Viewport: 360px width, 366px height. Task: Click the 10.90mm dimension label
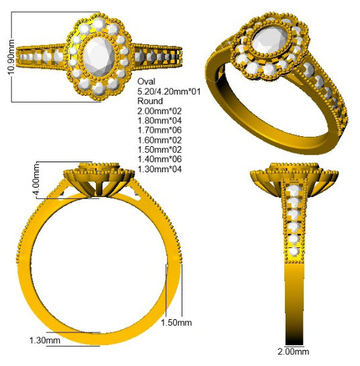11,57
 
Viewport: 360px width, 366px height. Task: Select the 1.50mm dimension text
176,322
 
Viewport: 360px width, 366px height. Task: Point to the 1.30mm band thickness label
45,341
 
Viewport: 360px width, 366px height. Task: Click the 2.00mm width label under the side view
293,351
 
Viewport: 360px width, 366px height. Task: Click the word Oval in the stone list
146,82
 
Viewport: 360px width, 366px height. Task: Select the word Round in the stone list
150,101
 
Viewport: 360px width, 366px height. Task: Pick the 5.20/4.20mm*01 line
169,91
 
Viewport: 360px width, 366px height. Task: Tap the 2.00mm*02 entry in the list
160,111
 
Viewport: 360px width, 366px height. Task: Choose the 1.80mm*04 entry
160,121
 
